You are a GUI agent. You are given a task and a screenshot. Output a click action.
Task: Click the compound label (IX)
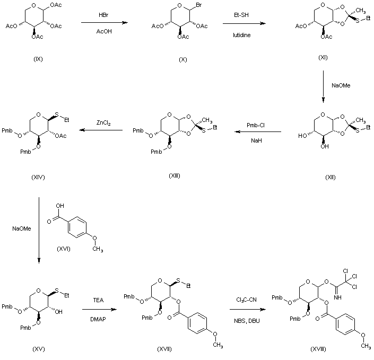click(x=38, y=59)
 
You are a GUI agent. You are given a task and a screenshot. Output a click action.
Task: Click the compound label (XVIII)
click(x=321, y=350)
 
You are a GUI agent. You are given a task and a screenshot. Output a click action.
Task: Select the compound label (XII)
click(x=330, y=177)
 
